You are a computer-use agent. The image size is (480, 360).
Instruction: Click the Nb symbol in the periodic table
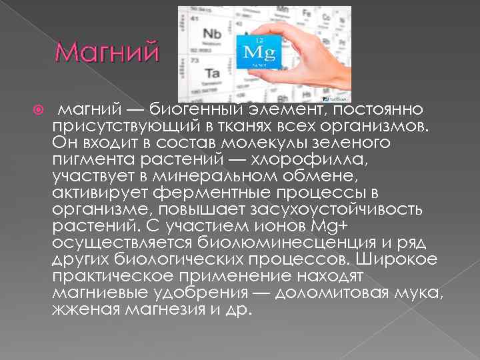pyautogui.click(x=212, y=33)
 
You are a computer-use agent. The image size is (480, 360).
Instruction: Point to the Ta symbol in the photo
pyautogui.click(x=212, y=72)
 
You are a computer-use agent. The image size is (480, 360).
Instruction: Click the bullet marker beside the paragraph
pyautogui.click(x=39, y=109)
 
